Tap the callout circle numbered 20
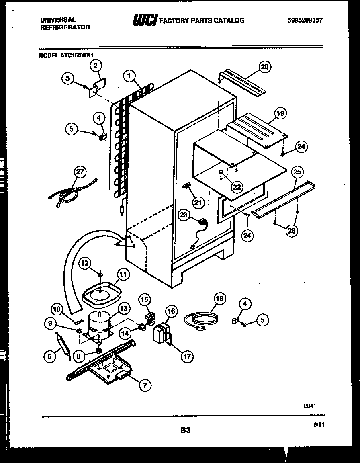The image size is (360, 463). tap(264, 67)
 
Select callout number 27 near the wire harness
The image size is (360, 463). tap(80, 172)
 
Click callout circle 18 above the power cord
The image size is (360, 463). tap(219, 299)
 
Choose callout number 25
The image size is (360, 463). tap(297, 173)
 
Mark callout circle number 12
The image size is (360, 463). tap(85, 263)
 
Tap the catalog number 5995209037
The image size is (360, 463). tap(305, 20)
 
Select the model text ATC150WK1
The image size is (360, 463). tap(68, 56)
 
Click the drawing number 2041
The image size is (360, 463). tap(309, 406)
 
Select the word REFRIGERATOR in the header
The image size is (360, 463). tap(65, 27)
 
